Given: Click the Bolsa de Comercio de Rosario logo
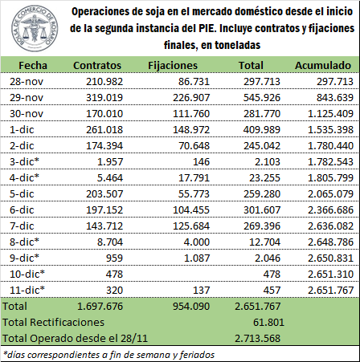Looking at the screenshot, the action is pos(35,28).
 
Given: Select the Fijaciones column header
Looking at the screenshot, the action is pos(173,66).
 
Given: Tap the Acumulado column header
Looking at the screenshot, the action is pos(323,66).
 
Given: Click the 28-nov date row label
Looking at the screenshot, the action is pos(27,82).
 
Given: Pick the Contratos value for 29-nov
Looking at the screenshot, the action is pos(104,98).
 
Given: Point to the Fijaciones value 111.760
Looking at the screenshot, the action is pos(191,114).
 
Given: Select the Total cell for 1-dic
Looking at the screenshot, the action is pos(262,130).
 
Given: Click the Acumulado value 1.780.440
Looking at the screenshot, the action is pos(330,146).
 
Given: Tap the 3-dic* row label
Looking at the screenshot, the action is pos(24,161).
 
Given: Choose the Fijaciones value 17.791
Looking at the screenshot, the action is pos(194,178).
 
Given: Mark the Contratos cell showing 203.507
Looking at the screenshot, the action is pos(104,194).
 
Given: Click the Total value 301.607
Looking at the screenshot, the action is pos(262,210).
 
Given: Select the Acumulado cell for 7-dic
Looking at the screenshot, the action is pos(330,226).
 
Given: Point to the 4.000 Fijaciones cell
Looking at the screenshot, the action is pos(197,242).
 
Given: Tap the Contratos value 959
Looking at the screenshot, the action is pos(114,258).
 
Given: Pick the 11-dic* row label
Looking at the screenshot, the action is pos(27,290).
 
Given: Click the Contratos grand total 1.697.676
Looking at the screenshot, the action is pos(100,307).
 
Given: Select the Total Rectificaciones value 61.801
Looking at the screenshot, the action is pos(268,323).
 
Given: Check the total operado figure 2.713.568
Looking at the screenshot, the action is pos(258,339).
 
